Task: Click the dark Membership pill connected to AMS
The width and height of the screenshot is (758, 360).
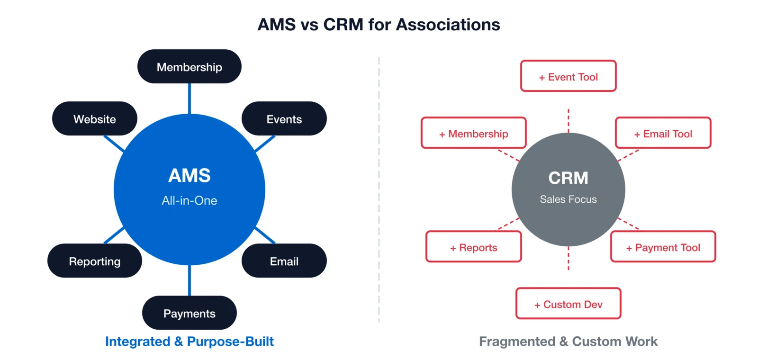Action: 189,67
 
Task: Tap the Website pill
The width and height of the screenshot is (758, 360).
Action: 94,119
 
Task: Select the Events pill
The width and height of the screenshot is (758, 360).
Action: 284,119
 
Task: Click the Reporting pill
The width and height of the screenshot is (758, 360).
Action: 94,261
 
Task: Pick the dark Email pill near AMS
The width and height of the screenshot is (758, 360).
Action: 284,261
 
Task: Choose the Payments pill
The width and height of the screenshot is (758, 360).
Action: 189,313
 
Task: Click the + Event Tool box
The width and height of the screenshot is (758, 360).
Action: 568,76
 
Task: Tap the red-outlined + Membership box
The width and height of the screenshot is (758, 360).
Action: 473,133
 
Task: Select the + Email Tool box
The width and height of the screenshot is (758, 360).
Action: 663,133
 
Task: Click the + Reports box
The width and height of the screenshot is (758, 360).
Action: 473,247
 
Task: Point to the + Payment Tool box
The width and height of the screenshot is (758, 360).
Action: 663,247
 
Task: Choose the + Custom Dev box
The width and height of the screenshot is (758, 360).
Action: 568,304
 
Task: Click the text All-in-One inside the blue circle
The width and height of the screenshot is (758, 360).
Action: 189,200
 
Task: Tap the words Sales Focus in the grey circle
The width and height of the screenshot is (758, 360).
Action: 568,199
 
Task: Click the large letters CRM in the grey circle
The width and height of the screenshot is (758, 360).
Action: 568,178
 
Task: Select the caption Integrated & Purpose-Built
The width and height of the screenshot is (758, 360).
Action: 189,342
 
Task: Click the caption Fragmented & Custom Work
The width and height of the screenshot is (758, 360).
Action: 568,342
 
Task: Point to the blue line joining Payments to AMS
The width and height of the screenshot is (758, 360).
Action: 189,280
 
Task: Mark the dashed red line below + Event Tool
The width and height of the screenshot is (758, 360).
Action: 568,120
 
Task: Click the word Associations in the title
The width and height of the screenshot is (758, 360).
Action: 448,25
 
